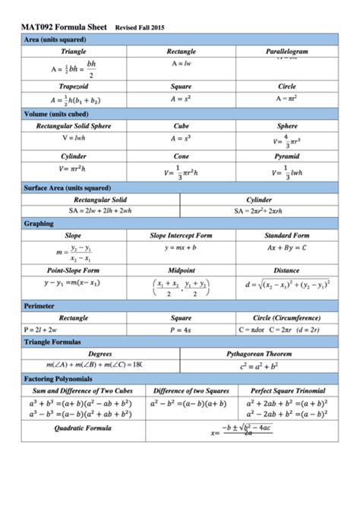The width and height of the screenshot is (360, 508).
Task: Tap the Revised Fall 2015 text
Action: (x=140, y=27)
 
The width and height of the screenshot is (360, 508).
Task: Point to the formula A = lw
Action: (x=181, y=64)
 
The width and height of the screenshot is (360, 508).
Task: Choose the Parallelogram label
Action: (x=286, y=51)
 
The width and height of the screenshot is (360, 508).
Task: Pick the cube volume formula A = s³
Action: (x=181, y=139)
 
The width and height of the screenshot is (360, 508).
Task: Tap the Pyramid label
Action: (x=286, y=156)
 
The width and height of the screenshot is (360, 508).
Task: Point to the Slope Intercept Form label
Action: (x=181, y=236)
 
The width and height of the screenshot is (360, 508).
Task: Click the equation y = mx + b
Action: (x=181, y=248)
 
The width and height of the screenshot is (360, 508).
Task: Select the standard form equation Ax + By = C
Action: (x=286, y=248)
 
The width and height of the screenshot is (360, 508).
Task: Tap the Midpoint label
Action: (x=181, y=270)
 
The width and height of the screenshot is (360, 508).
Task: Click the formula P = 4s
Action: (x=181, y=330)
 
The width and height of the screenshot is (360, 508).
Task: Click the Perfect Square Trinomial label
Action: (x=286, y=390)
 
